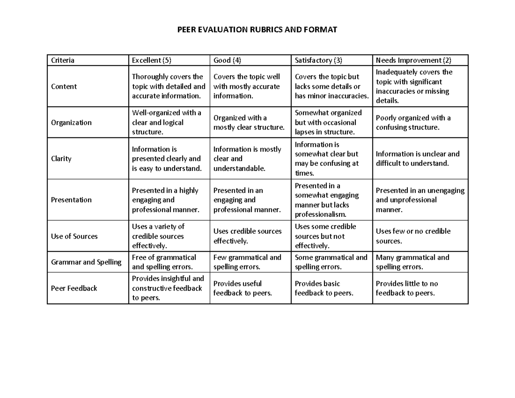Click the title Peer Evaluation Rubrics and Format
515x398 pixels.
(x=257, y=30)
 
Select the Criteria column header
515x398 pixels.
(x=63, y=60)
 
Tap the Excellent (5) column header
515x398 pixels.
(x=151, y=60)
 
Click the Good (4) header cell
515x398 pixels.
(x=227, y=60)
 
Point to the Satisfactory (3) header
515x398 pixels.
(x=318, y=60)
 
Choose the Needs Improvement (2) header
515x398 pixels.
(x=413, y=60)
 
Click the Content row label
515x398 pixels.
(x=64, y=86)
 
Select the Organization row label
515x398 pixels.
(x=71, y=122)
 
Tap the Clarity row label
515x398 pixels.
(x=61, y=158)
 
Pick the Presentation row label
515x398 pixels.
(x=71, y=200)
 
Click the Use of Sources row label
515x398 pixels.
(x=74, y=236)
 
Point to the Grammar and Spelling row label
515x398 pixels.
(x=86, y=262)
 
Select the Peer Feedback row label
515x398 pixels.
(x=74, y=288)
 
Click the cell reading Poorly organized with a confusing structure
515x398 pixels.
(x=413, y=122)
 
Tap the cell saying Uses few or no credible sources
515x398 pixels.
(x=413, y=236)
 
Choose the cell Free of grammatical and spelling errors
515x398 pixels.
(x=164, y=262)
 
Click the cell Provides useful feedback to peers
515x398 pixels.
(x=242, y=288)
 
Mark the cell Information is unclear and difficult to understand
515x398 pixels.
(x=418, y=158)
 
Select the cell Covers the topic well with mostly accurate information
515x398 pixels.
(x=246, y=86)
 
